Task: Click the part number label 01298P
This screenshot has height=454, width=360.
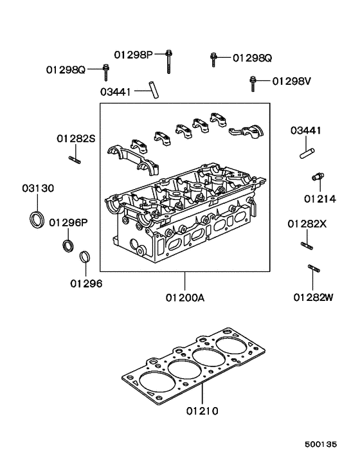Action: coord(134,55)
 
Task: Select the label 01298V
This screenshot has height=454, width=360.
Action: coord(291,81)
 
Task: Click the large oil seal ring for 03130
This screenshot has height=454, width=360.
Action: coord(38,219)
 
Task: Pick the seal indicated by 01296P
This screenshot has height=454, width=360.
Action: coord(67,246)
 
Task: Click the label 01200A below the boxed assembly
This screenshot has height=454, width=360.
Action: coord(184,298)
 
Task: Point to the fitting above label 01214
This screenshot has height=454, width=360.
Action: coord(316,176)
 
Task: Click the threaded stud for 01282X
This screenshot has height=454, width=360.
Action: coord(307,244)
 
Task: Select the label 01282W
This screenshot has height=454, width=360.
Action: coord(314,297)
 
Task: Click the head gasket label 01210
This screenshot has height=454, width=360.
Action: coord(203,410)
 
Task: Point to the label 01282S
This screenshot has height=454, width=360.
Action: coord(75,138)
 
